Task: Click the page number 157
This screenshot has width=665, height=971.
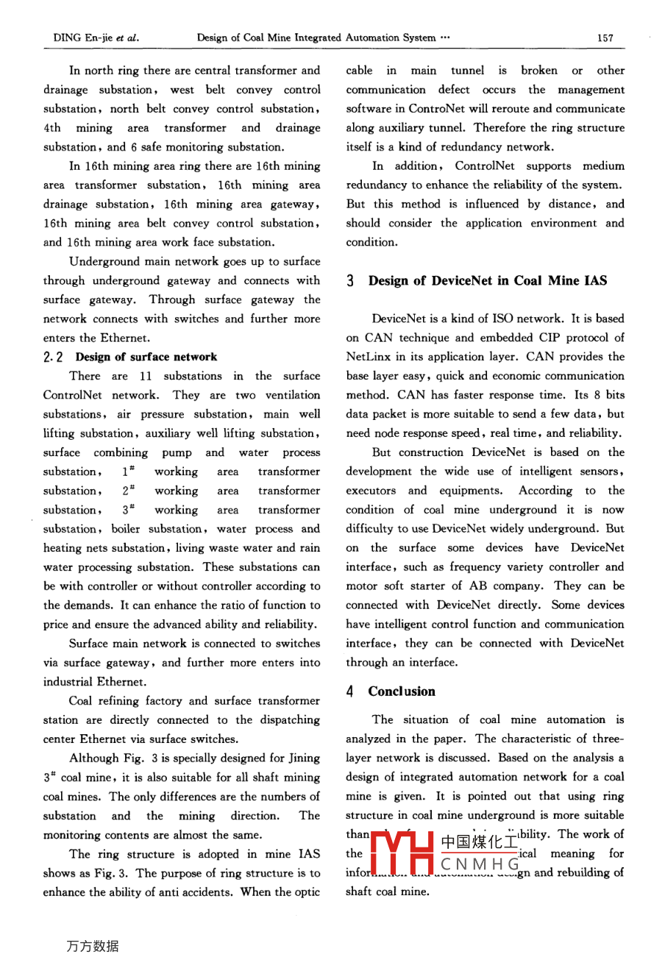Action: [x=605, y=38]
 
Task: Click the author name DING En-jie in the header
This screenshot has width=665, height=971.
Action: [x=82, y=38]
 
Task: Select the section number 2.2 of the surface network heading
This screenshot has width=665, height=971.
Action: [x=54, y=357]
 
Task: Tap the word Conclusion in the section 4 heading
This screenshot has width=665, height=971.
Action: [x=402, y=691]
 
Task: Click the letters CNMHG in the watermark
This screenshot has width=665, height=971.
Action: [x=480, y=864]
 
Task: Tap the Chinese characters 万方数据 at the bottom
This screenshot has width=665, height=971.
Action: [x=92, y=946]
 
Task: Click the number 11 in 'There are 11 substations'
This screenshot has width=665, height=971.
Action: [x=146, y=376]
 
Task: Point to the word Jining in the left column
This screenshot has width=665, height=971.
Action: [x=304, y=758]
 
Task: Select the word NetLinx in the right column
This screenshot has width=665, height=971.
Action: [x=367, y=357]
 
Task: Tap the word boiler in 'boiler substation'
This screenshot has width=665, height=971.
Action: [x=126, y=529]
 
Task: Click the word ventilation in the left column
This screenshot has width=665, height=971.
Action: [x=293, y=395]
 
